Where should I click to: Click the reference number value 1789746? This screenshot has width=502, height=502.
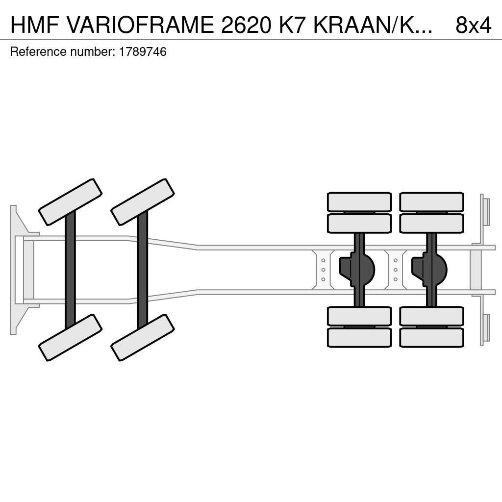[x=143, y=52]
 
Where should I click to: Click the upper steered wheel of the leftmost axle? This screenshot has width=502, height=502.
[x=70, y=202]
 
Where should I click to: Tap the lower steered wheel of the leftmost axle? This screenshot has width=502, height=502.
[x=70, y=337]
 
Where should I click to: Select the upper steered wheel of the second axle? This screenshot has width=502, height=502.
[x=143, y=202]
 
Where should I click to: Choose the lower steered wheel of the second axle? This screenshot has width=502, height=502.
[x=143, y=337]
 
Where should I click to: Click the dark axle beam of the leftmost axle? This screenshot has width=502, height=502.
[x=70, y=270]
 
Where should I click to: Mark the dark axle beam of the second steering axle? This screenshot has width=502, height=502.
[x=143, y=270]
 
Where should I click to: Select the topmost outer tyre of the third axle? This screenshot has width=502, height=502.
[x=359, y=201]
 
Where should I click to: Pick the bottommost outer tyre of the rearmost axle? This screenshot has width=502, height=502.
[x=431, y=338]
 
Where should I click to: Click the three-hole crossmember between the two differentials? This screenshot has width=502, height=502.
[x=395, y=270]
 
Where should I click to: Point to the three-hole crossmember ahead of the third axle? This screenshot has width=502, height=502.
[x=323, y=270]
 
